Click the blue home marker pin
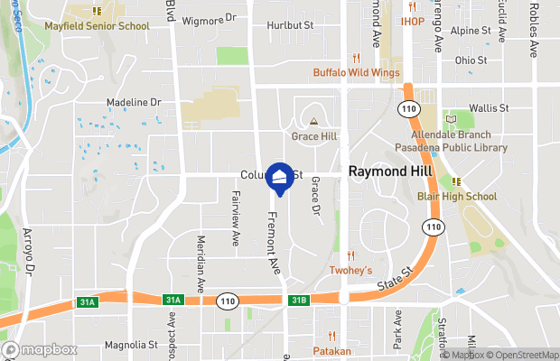280,178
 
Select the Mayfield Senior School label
98,26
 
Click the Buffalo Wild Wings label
356,73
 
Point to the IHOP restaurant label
413,21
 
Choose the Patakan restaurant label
331,350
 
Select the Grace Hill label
313,135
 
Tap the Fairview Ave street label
235,226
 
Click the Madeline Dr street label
133,104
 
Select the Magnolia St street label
132,344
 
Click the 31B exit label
299,300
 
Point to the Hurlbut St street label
290,26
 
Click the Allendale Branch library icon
452,119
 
